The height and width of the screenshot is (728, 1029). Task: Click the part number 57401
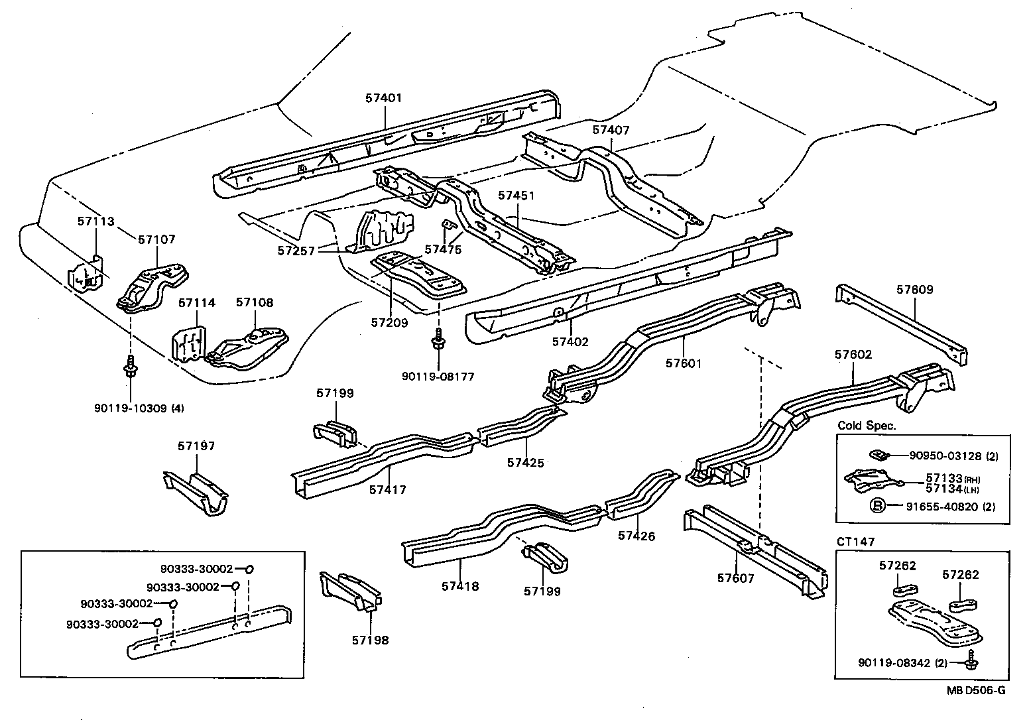click(x=383, y=98)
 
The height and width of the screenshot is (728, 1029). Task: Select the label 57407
click(x=611, y=131)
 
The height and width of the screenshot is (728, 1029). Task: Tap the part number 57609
click(x=914, y=290)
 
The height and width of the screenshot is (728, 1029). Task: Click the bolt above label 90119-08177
click(x=438, y=342)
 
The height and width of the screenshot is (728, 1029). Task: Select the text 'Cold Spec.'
click(x=867, y=426)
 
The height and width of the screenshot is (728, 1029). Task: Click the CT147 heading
click(x=856, y=542)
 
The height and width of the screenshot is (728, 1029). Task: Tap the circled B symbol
click(x=877, y=506)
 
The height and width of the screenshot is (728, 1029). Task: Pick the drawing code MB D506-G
click(x=975, y=690)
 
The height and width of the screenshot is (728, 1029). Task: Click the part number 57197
click(x=196, y=446)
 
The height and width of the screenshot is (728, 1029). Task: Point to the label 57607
click(x=735, y=578)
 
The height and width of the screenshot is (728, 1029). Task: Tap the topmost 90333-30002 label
click(x=196, y=569)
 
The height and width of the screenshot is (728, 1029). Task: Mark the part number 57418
click(x=459, y=586)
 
